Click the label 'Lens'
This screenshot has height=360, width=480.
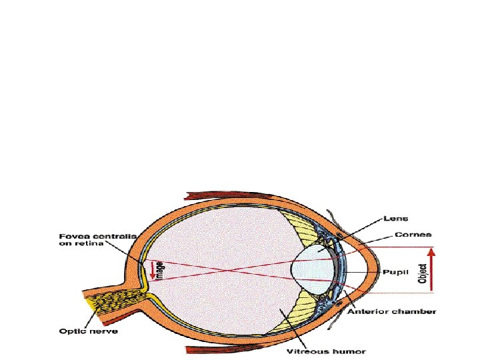(x=396, y=218)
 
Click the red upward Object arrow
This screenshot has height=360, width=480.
(x=431, y=269)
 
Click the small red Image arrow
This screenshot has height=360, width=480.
(x=151, y=270)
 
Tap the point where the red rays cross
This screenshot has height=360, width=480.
(x=230, y=271)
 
